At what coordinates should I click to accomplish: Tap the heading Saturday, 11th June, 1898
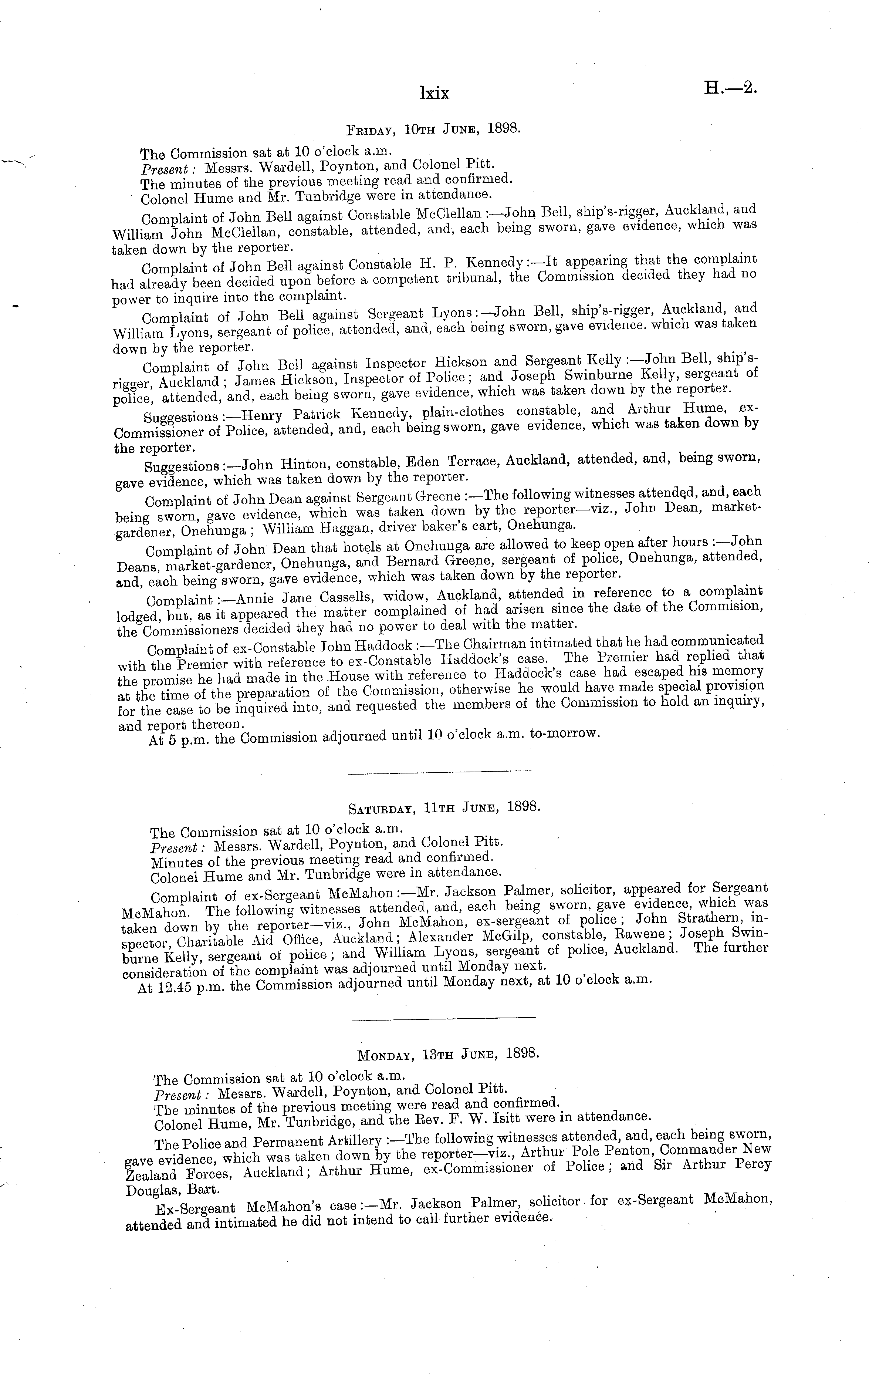[444, 807]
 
